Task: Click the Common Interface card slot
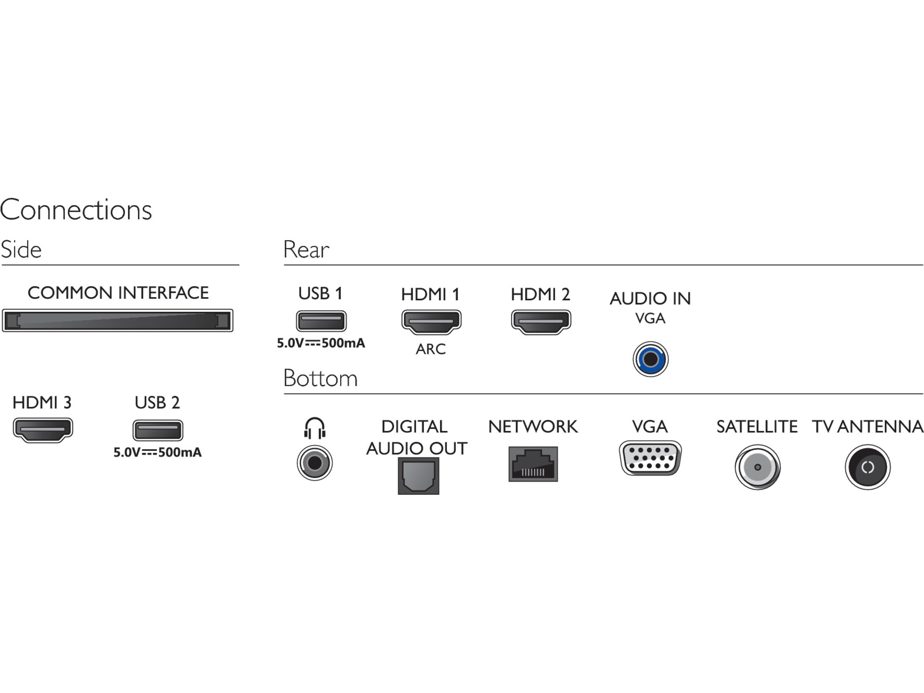coord(117,320)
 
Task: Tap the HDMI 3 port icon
coord(43,429)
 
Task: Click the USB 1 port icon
coord(321,321)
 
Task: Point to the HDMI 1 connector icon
coord(431,321)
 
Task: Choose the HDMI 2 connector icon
coord(541,321)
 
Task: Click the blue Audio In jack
coord(650,359)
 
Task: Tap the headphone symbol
coord(315,428)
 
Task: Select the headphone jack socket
coord(315,463)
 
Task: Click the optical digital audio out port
coord(418,476)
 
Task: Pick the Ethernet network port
coord(533,464)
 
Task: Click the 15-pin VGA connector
coord(650,458)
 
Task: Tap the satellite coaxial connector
coord(757,467)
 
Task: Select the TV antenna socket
coord(868,467)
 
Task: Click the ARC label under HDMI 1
coord(431,349)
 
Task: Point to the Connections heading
coord(76,210)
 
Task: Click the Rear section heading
coord(306,250)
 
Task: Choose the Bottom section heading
coord(320,378)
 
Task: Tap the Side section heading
coord(21,250)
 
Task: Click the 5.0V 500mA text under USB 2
coord(157,452)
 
